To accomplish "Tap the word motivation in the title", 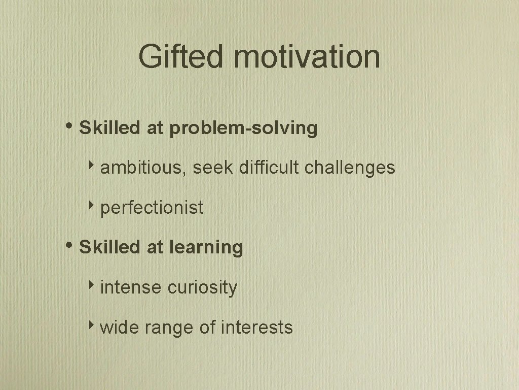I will pyautogui.click(x=307, y=56).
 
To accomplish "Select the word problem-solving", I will pyautogui.click(x=243, y=128).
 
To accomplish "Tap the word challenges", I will pyautogui.click(x=350, y=168).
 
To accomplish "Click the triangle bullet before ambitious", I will pyautogui.click(x=92, y=166).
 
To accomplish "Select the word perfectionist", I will pyautogui.click(x=152, y=208).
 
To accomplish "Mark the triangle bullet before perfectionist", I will pyautogui.click(x=92, y=206).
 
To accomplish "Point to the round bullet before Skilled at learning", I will pyautogui.click(x=69, y=245).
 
